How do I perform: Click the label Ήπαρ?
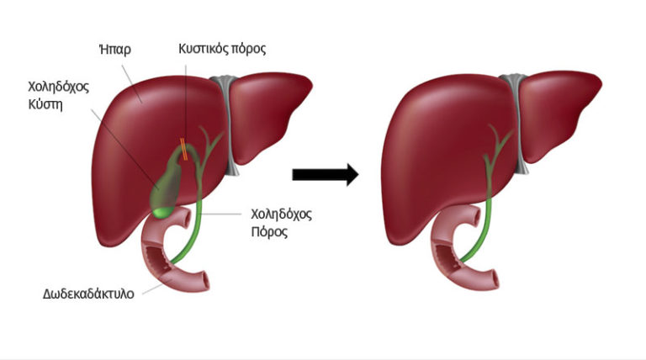pos(115,50)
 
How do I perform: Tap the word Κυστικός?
pos(203,49)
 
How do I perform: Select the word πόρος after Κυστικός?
pos(248,50)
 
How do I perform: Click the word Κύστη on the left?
pos(45,104)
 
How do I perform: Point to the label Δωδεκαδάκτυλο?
pos(88,294)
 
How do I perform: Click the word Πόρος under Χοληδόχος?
pos(269,232)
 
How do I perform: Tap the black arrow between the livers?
pos(325,175)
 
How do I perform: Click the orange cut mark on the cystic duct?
pos(184,149)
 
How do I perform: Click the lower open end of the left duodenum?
pos(204,281)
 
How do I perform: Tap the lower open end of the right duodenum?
pos(494,279)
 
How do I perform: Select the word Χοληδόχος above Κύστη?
pos(59,87)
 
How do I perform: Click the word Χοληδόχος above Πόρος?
pos(282,214)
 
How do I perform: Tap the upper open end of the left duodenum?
pos(186,217)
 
